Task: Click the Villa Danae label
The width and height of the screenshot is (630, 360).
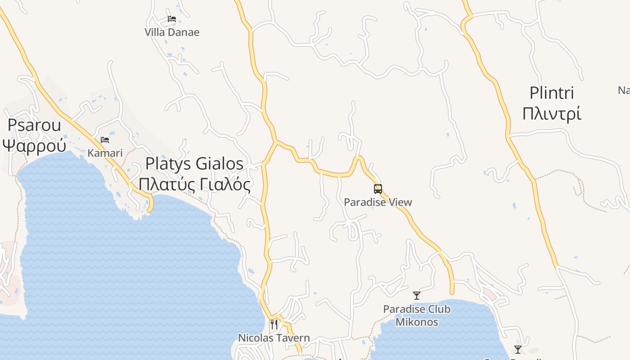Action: [172, 32]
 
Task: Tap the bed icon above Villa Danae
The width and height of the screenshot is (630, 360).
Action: [172, 19]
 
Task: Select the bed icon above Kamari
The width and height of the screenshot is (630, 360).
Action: [105, 140]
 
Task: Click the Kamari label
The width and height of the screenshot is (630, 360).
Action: [105, 153]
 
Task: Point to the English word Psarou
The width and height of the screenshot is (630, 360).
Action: [34, 125]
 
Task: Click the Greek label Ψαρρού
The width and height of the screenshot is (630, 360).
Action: [34, 145]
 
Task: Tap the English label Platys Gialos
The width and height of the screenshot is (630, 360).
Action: [194, 164]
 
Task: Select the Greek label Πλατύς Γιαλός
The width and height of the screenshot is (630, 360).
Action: [194, 184]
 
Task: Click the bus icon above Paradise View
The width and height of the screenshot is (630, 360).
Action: [378, 189]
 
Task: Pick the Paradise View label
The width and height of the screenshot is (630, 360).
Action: [378, 202]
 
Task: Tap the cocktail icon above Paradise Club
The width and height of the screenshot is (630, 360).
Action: [417, 296]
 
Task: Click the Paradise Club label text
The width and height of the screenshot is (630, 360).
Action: [417, 309]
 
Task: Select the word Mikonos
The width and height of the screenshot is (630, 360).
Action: [417, 322]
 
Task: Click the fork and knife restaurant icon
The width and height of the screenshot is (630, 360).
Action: [274, 324]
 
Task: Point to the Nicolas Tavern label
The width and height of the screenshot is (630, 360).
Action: [274, 338]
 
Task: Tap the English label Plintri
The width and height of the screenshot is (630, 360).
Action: [552, 93]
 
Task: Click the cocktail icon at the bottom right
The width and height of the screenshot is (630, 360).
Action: [518, 349]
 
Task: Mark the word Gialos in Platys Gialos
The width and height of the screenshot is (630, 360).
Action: [220, 164]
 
